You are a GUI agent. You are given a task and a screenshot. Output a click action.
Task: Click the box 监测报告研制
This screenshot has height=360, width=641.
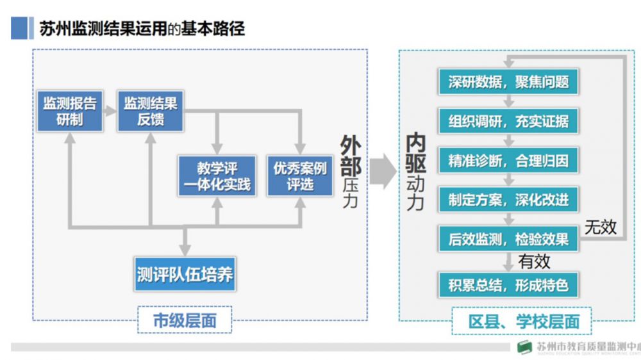69,111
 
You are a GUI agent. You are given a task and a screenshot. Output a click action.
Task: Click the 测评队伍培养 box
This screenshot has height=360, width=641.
185,275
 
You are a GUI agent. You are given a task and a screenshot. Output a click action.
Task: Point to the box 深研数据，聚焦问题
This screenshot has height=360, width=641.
508,83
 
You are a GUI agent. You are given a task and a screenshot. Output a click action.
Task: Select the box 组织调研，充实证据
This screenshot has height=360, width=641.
508,121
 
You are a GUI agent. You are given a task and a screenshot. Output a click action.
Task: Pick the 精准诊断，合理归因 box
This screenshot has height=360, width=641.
508,160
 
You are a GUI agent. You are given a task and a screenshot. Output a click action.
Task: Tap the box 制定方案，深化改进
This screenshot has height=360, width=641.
508,200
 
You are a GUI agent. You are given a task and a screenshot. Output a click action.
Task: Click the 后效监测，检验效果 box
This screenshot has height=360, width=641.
508,239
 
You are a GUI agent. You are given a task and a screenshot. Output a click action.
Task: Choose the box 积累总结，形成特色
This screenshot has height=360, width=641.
508,284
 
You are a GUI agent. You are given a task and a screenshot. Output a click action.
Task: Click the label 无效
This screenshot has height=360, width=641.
600,226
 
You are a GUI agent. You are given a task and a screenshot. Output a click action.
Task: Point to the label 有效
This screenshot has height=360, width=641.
534,261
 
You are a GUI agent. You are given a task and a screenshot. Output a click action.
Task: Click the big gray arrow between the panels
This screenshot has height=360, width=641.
383,172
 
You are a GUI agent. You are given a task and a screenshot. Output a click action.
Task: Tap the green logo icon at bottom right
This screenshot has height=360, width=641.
525,347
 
